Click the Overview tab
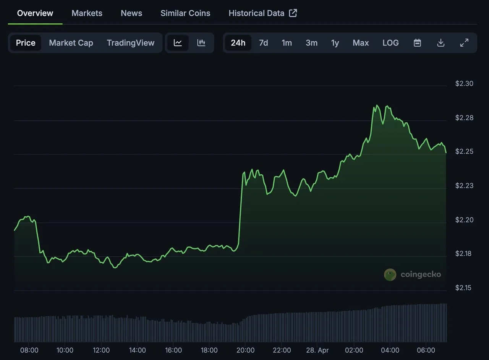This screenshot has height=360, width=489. (x=35, y=13)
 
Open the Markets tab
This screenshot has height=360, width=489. (x=87, y=13)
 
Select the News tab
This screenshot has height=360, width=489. (x=131, y=13)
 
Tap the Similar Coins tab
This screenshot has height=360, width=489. (x=185, y=13)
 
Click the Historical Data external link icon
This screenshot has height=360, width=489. (x=293, y=13)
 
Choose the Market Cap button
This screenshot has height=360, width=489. (x=71, y=42)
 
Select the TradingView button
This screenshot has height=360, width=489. (x=131, y=43)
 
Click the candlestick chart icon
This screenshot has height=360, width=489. (x=201, y=42)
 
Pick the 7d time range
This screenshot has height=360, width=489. (x=264, y=42)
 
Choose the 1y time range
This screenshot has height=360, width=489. (x=335, y=43)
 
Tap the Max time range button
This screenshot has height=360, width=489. (x=361, y=42)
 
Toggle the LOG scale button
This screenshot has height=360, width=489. (x=390, y=42)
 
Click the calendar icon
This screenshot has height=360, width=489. (x=417, y=42)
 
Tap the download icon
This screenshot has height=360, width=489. (x=441, y=42)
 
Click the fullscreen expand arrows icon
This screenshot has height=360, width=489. (x=464, y=42)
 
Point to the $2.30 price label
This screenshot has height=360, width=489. (x=464, y=83)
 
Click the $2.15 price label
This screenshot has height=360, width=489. (x=463, y=288)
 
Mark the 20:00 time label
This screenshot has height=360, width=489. (x=245, y=350)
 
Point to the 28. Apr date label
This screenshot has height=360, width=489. (x=317, y=350)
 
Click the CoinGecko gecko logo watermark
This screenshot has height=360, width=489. (x=390, y=275)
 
